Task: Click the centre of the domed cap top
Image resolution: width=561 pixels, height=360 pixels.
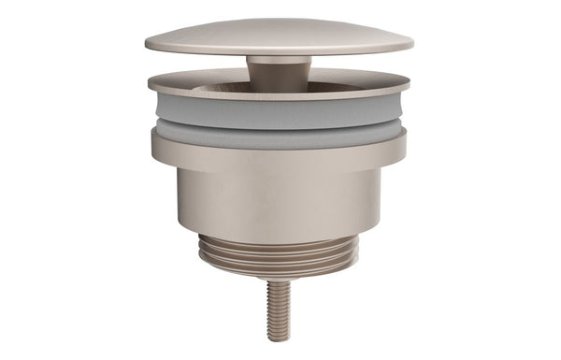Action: [279, 35]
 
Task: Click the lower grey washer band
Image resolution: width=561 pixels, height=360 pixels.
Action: [279, 133]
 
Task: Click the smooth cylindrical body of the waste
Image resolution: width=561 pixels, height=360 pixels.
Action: [279, 201]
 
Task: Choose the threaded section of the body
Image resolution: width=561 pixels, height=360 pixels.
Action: [279, 252]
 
